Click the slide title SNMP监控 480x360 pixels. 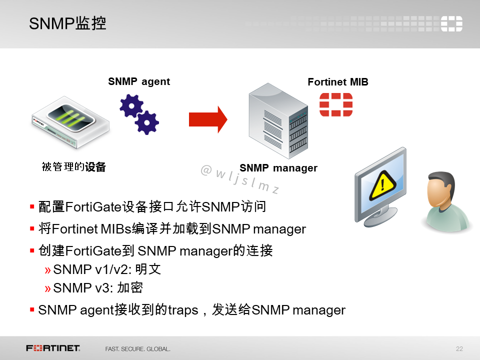click(67, 23)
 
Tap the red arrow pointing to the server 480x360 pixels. click(207, 119)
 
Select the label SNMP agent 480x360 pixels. click(139, 81)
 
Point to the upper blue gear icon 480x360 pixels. click(131, 106)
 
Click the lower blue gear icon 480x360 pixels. click(147, 122)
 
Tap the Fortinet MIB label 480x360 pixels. click(338, 82)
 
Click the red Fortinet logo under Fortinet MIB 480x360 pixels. click(336, 104)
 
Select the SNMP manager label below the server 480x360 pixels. click(278, 168)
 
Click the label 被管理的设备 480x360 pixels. click(74, 167)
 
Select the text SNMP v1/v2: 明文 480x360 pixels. click(107, 269)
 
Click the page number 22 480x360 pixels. click(459, 348)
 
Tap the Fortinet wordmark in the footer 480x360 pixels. click(53, 348)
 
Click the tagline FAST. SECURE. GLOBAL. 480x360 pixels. click(137, 348)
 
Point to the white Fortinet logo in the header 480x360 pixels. click(451, 23)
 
